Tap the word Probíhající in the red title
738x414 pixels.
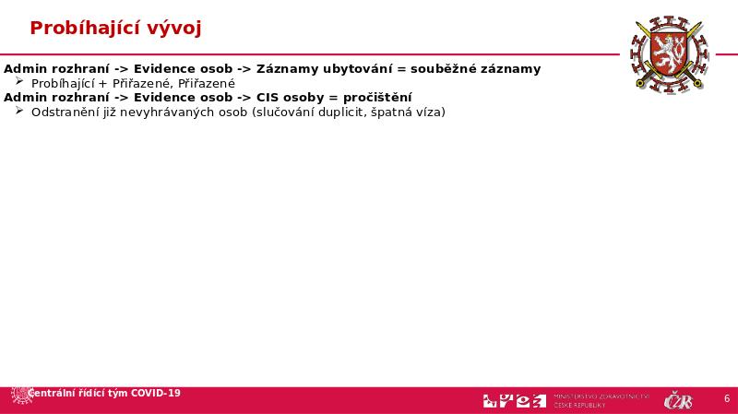pos(81,29)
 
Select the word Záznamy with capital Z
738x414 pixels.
pos(286,69)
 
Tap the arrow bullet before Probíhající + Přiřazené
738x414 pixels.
pos(20,82)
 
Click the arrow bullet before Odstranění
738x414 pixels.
pos(20,111)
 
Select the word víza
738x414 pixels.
pos(426,112)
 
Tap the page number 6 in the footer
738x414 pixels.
pos(727,399)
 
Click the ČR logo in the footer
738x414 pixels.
pos(679,400)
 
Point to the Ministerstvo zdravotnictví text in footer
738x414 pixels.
pos(601,396)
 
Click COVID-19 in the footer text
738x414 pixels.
pos(156,394)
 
